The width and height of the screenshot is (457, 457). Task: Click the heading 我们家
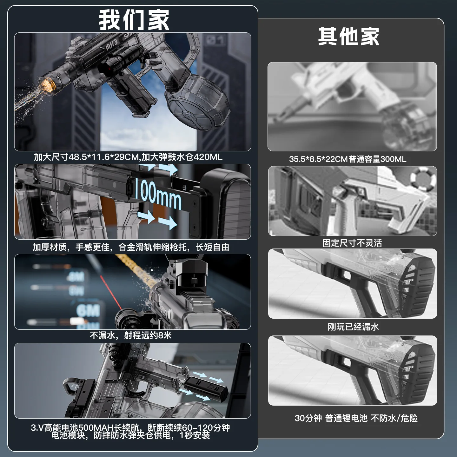(134, 20)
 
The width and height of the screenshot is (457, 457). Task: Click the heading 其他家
(348, 36)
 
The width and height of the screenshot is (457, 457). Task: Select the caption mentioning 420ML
(128, 157)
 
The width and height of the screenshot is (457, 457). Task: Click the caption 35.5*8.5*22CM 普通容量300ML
(348, 159)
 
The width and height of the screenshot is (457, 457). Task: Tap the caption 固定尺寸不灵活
(352, 243)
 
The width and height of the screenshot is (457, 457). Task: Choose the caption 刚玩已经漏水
(353, 327)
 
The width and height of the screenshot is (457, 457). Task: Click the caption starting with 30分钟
(356, 418)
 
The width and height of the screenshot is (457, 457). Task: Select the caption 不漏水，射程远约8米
(130, 335)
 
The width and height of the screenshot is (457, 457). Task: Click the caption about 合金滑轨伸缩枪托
(131, 247)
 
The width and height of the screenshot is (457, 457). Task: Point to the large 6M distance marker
(88, 310)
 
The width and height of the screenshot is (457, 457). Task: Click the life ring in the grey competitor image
(423, 178)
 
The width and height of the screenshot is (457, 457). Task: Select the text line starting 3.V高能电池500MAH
(130, 427)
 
